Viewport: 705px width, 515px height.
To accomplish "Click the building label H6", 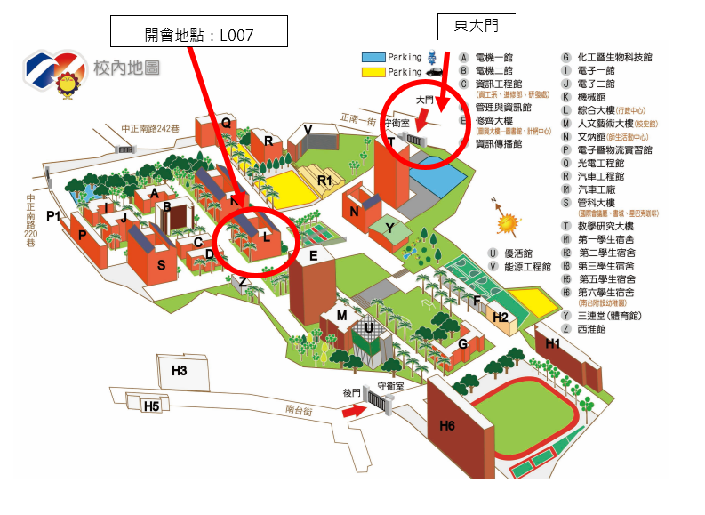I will [x=447, y=426].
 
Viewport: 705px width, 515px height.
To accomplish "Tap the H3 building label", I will [x=180, y=370].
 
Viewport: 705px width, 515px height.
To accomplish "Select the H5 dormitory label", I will [x=152, y=406].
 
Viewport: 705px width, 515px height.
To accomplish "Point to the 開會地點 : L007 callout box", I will [x=199, y=34].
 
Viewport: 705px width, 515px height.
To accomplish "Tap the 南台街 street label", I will [x=300, y=410].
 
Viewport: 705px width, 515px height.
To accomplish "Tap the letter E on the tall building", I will [x=313, y=257].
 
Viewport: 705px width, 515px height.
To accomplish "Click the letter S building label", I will [x=161, y=264].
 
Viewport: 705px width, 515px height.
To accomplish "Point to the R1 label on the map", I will [x=324, y=181].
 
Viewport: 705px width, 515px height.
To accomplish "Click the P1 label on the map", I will [x=53, y=216].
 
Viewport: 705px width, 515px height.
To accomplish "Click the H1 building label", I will [x=553, y=343].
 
